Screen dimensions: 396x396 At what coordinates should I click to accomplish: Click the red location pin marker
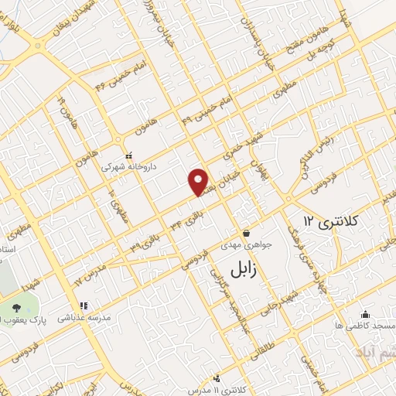pos(200,181)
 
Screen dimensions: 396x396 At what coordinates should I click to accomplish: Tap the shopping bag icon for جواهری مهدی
pos(246,233)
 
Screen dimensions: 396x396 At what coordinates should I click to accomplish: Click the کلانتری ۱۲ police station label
pos(332,222)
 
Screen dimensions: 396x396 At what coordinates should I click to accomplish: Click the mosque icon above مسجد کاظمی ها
pos(365,314)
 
